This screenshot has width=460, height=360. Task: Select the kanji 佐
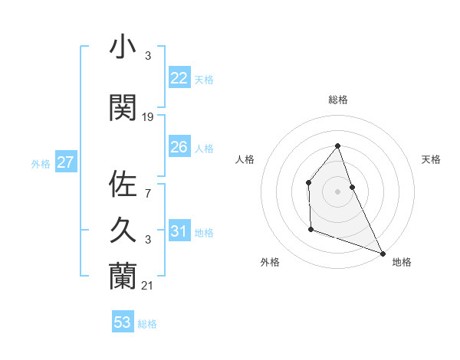(123, 185)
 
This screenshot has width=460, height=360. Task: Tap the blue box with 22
(179, 78)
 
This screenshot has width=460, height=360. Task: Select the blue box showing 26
(179, 147)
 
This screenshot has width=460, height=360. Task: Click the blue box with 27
(66, 162)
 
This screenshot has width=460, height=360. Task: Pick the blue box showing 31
(179, 231)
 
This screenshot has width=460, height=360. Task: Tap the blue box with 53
(123, 322)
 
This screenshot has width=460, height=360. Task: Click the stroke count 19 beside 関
(148, 117)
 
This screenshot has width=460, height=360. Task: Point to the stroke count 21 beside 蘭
(148, 286)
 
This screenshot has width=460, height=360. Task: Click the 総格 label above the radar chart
(337, 100)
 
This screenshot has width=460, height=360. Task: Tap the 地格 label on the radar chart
(402, 262)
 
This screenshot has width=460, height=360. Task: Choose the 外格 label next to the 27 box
(41, 163)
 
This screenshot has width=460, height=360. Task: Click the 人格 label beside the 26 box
(204, 148)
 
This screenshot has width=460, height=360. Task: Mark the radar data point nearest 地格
(383, 253)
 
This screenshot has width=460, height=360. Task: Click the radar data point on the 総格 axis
(337, 146)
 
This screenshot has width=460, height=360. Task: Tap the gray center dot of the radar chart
(337, 191)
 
